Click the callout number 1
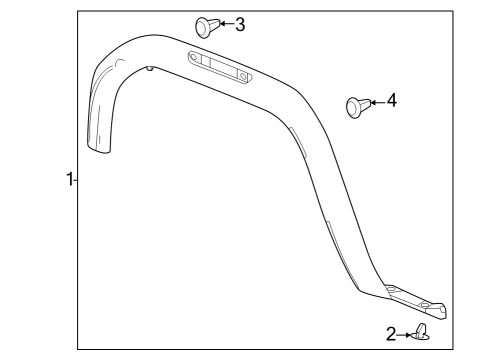[68, 180]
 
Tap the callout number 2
[392, 333]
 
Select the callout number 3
[239, 23]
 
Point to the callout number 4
[391, 101]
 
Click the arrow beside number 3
[224, 23]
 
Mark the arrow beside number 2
[407, 334]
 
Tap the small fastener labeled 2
[422, 332]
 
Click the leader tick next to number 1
[76, 180]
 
